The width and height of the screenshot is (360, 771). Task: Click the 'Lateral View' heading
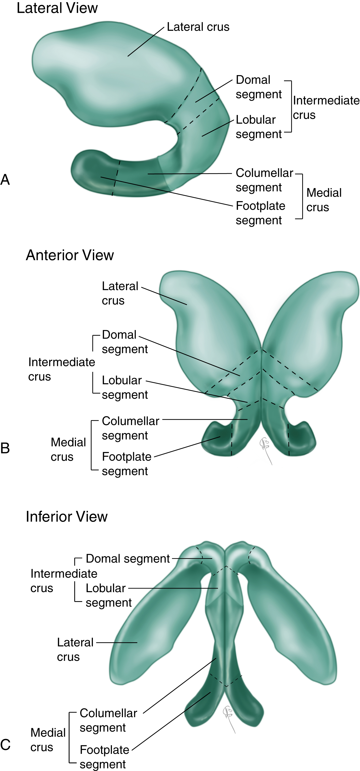click(57, 8)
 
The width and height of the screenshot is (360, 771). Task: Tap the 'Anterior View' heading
click(70, 255)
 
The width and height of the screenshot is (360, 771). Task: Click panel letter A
click(5, 180)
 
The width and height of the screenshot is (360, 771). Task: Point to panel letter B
click(5, 448)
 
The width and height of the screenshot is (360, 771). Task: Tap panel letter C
click(5, 744)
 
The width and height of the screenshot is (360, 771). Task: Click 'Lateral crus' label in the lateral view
click(198, 27)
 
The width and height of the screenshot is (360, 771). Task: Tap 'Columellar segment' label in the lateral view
click(264, 180)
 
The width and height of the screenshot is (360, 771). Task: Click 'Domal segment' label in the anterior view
click(124, 342)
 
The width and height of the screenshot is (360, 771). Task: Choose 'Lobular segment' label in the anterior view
click(124, 387)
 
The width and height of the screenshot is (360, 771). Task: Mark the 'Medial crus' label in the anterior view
click(68, 449)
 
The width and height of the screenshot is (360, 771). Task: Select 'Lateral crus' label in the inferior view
click(75, 650)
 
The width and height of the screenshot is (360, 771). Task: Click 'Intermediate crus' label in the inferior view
click(63, 581)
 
